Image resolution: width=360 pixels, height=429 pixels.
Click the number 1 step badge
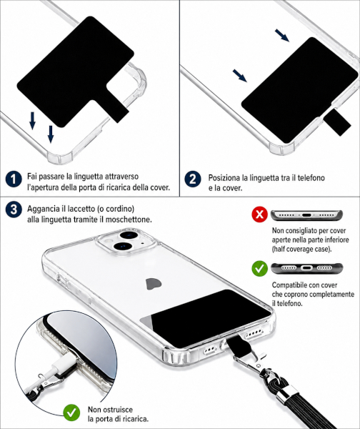(x=14, y=179)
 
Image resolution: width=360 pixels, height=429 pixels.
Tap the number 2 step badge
(x=193, y=179)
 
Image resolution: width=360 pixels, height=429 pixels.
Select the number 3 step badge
(x=14, y=209)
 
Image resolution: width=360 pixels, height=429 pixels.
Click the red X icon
(x=259, y=214)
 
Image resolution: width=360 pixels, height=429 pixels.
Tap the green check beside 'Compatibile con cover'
(x=259, y=268)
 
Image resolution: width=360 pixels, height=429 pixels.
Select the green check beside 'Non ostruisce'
(x=71, y=413)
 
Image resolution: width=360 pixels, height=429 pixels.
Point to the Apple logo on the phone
(x=154, y=284)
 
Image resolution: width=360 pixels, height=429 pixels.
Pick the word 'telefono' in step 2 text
(x=311, y=178)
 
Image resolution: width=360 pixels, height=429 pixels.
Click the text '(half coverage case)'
(x=301, y=250)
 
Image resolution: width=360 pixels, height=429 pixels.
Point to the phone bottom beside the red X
(x=306, y=215)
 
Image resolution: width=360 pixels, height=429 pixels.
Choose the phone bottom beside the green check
(x=306, y=268)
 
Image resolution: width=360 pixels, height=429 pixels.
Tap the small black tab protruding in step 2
(x=338, y=122)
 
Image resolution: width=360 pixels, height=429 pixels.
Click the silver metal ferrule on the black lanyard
(x=284, y=392)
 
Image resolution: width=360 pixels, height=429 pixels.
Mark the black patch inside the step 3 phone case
(x=211, y=317)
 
